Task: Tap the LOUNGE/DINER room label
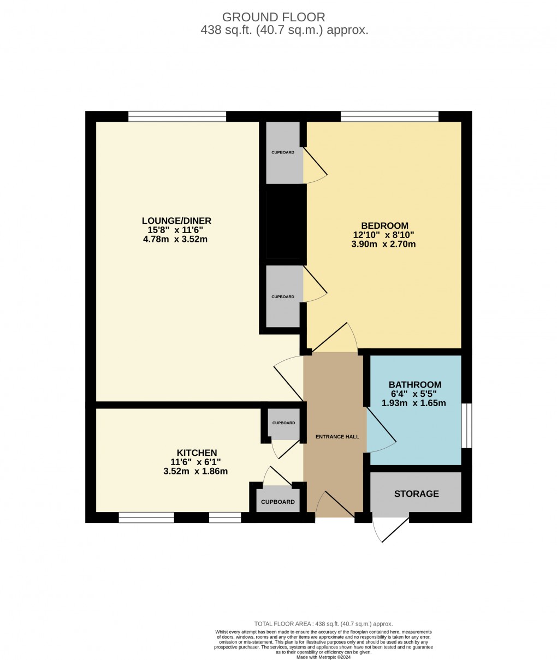(176, 221)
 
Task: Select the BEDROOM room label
(384, 225)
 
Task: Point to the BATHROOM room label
(414, 385)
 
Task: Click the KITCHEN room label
(197, 453)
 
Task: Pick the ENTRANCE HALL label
(337, 437)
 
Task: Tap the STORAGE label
(417, 493)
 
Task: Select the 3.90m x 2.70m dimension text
(384, 244)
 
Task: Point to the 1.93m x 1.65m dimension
(414, 403)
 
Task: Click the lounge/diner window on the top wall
(177, 116)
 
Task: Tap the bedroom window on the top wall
(389, 116)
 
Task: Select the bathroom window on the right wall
(466, 425)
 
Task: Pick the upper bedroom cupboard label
(283, 152)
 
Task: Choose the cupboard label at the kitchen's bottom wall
(277, 502)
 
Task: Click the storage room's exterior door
(390, 528)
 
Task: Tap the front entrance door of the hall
(335, 505)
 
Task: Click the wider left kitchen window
(146, 518)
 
